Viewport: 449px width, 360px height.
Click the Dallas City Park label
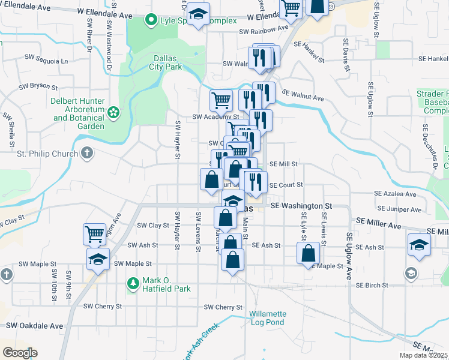(166, 63)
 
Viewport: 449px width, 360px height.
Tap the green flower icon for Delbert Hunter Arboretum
(113, 112)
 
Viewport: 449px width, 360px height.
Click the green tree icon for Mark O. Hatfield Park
(132, 283)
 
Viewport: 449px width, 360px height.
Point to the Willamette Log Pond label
(268, 318)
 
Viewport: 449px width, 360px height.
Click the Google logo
(19, 352)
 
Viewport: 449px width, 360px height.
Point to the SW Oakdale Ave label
(35, 326)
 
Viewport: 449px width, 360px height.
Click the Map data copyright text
(423, 355)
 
